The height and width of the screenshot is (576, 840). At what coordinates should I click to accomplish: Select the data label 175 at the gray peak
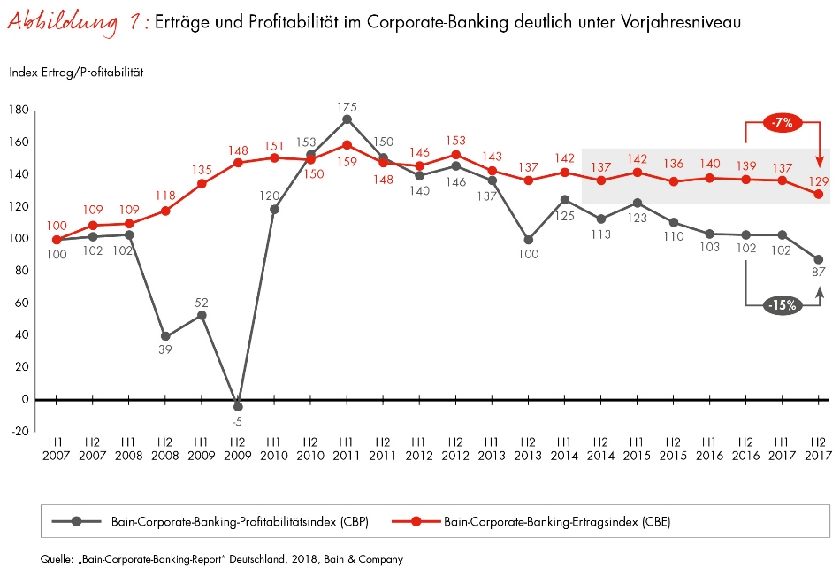pyautogui.click(x=347, y=107)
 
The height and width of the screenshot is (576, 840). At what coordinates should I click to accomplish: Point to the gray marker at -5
pyautogui.click(x=237, y=407)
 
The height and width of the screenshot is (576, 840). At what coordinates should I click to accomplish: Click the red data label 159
pyautogui.click(x=347, y=161)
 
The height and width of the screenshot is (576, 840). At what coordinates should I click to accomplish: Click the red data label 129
pyautogui.click(x=819, y=180)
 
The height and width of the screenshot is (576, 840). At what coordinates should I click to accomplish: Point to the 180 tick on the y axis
pyautogui.click(x=19, y=110)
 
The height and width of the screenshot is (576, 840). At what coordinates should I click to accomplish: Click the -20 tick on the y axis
pyautogui.click(x=19, y=432)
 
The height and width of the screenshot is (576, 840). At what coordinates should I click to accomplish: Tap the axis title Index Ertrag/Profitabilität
pyautogui.click(x=76, y=73)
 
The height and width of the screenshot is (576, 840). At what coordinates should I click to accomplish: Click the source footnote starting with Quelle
pyautogui.click(x=221, y=559)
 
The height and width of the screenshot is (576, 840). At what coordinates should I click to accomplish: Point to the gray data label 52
pyautogui.click(x=201, y=303)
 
